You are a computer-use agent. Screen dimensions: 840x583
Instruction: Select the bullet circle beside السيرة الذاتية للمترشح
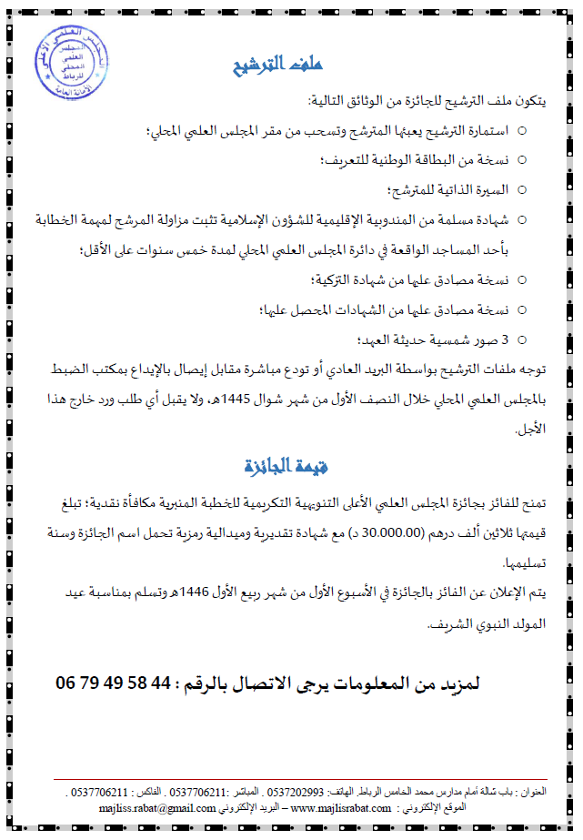pyautogui.click(x=521, y=190)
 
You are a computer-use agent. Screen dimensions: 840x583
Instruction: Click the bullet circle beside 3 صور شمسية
pyautogui.click(x=521, y=339)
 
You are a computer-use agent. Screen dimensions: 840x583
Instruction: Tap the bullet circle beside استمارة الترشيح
pyautogui.click(x=521, y=131)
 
